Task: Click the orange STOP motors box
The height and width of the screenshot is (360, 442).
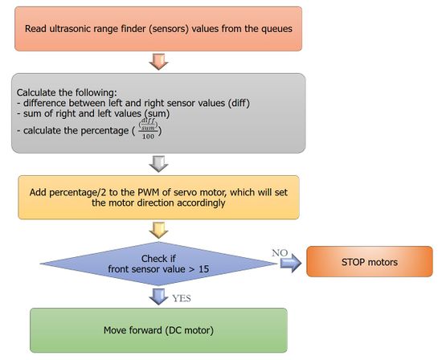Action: (370, 261)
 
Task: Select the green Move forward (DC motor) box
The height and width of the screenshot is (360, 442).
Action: (158, 330)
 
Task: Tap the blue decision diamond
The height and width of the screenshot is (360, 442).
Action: (158, 264)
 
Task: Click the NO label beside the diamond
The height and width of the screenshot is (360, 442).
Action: (280, 252)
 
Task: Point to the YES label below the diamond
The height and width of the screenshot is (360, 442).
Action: (182, 298)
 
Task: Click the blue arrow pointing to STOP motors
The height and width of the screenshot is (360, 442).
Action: (291, 263)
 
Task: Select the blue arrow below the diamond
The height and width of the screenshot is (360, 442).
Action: (158, 297)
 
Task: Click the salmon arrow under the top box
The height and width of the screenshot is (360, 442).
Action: (158, 62)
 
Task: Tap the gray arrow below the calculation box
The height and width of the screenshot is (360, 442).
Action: (158, 164)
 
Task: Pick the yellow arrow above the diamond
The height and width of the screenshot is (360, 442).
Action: (158, 230)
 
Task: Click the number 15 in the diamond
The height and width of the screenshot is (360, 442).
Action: (203, 269)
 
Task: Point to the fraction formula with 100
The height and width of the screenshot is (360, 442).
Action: (148, 129)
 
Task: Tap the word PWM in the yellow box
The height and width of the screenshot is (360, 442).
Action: (146, 192)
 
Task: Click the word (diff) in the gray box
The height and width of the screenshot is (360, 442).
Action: (239, 103)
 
